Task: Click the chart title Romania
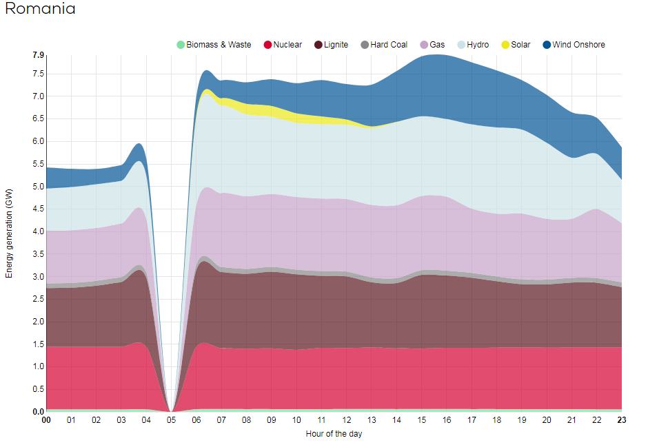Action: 40,10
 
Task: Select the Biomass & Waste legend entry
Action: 214,45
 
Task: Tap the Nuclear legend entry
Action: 283,45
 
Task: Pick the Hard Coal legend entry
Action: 384,45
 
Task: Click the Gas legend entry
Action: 432,45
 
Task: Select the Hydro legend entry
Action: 473,45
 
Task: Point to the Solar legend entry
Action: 516,45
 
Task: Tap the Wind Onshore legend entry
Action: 574,45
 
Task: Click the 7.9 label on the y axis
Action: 38,56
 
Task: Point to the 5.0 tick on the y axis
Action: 38,187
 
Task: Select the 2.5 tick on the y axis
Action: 38,300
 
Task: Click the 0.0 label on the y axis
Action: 38,412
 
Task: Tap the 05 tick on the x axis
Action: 171,420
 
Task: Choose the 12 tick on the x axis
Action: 347,420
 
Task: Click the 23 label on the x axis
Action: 622,420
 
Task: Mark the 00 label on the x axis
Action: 46,420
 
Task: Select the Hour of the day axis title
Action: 334,434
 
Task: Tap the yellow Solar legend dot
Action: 505,45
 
